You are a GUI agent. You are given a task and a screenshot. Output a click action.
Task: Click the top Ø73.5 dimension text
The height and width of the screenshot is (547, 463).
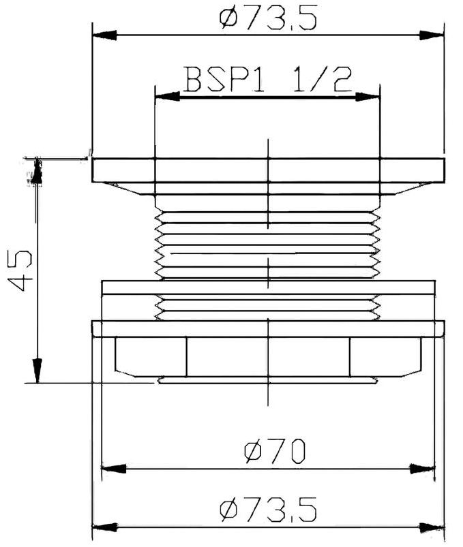[x=268, y=20]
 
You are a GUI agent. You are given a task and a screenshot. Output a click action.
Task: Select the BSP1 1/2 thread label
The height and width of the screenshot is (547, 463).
[x=267, y=82]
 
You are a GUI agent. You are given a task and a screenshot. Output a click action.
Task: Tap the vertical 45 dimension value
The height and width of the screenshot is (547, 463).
[x=22, y=270]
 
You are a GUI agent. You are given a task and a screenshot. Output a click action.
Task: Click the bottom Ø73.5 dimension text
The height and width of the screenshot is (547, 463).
[x=268, y=510]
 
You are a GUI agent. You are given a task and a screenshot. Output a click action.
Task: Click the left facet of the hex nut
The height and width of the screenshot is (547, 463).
[x=150, y=356]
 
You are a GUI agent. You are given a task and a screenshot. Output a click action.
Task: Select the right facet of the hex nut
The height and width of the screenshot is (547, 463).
[x=385, y=356]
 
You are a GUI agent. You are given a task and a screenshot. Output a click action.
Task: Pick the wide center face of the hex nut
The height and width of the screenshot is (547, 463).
[x=268, y=356]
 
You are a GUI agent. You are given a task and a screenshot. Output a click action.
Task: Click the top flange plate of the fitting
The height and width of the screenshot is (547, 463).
[x=268, y=170]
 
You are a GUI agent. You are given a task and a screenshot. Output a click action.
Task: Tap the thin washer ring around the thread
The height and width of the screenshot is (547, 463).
[x=268, y=287]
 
